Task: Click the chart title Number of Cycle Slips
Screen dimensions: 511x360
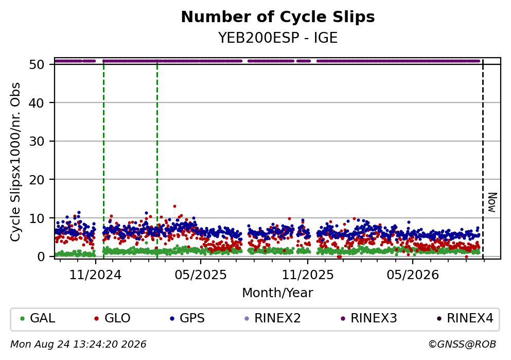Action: tap(278, 17)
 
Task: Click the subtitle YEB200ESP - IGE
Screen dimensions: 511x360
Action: tap(278, 38)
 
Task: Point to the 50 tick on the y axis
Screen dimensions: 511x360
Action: tap(37, 64)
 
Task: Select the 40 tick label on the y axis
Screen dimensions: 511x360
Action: tap(37, 103)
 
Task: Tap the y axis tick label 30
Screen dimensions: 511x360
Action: tap(37, 141)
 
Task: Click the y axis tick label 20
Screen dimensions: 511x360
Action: tap(37, 180)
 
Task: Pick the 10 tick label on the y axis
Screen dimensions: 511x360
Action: tap(37, 218)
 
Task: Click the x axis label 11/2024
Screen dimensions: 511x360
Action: tap(95, 275)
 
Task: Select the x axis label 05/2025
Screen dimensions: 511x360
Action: tap(200, 275)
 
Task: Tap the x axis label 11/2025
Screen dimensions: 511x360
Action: tap(308, 275)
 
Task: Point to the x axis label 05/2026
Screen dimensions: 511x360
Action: tap(413, 275)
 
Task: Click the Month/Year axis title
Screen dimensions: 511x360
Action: tap(278, 293)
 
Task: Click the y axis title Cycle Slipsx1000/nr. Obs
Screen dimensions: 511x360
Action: tap(15, 162)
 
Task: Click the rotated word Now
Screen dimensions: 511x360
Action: tap(492, 202)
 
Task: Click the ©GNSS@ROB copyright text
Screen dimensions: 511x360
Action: tap(462, 345)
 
